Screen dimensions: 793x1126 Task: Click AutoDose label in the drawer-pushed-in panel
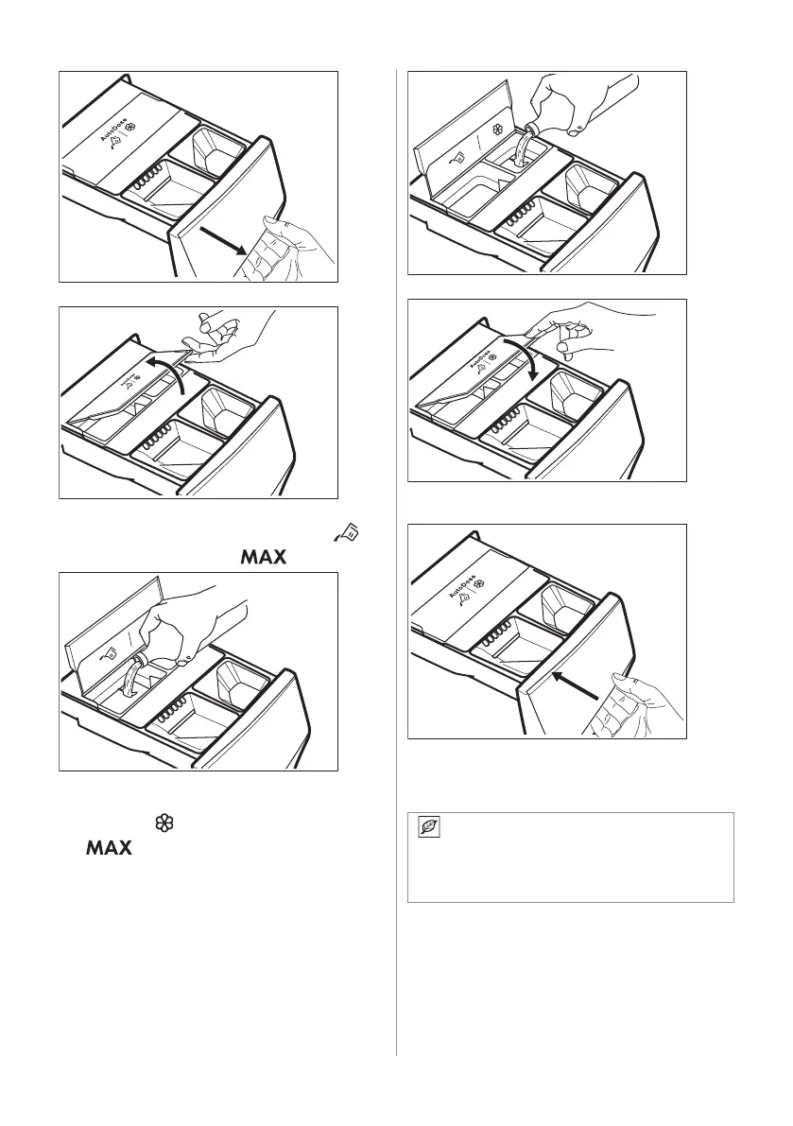458,582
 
